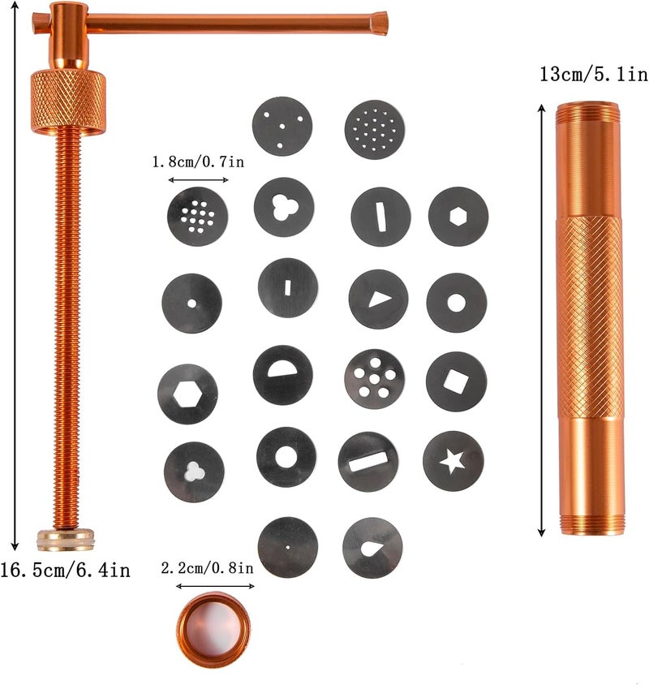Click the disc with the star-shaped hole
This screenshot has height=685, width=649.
(x=453, y=461)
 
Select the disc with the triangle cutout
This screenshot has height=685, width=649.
(x=378, y=299)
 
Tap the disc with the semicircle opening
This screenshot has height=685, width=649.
(x=283, y=375)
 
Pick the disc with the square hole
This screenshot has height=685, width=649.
(x=456, y=381)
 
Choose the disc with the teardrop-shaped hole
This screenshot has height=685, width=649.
(x=372, y=548)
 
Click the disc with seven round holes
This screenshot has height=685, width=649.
(x=374, y=379)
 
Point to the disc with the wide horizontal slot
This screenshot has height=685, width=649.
(x=368, y=462)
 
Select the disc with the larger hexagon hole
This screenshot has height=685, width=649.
(x=187, y=394)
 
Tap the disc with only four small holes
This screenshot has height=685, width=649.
(x=282, y=126)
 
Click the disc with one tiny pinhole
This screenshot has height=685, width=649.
(x=288, y=547)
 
